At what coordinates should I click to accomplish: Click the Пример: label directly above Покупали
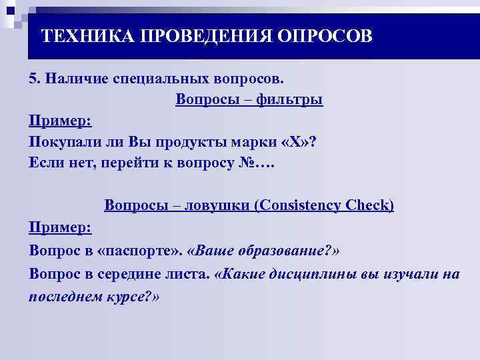tap(61, 121)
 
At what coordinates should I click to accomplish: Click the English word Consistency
tap(300, 205)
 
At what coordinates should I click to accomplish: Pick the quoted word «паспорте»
tap(141, 250)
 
